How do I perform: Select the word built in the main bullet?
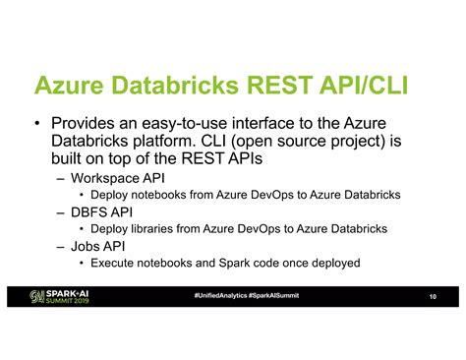(x=67, y=161)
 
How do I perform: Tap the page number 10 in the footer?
(x=432, y=298)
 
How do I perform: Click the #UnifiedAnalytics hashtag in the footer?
(x=220, y=296)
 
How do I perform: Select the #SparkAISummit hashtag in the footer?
(x=274, y=296)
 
